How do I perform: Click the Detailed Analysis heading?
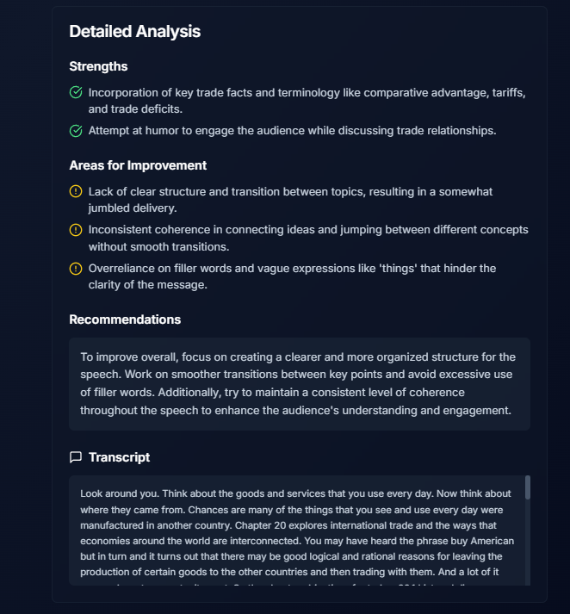click(134, 32)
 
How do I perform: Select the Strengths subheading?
click(98, 66)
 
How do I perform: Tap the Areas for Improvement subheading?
click(138, 165)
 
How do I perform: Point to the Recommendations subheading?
click(125, 319)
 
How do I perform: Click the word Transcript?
click(119, 457)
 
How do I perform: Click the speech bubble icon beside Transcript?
click(76, 457)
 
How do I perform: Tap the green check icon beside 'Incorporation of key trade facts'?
click(76, 92)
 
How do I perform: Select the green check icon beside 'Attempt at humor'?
click(76, 131)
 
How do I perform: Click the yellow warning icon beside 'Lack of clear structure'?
click(76, 191)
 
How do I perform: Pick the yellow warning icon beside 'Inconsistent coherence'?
click(76, 230)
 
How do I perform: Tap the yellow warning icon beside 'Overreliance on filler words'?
click(76, 269)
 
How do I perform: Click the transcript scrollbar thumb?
click(528, 487)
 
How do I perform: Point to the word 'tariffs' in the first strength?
click(507, 92)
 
